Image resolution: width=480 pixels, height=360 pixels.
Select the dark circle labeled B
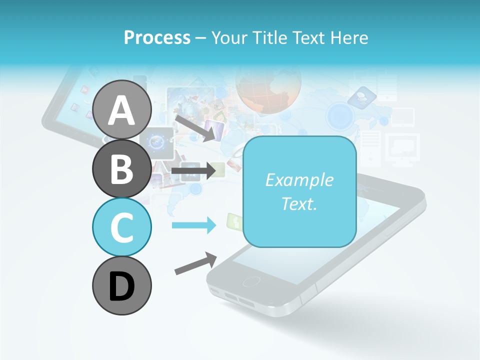coord(121,168)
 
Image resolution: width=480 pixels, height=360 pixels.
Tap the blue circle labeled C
coord(121,227)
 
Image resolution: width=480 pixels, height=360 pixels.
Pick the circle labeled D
coord(121,286)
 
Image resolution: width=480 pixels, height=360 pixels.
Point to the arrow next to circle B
coord(194,170)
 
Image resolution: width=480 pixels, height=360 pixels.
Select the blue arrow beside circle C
coord(194,225)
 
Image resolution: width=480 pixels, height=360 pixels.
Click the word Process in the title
coord(157,37)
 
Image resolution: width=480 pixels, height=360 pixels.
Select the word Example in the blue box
coord(299,180)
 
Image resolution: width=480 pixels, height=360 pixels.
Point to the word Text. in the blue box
coord(299,204)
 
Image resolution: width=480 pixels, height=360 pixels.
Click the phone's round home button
coord(251,281)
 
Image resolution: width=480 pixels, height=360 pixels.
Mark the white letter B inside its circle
coord(121,168)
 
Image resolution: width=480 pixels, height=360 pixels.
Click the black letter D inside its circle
coord(121,286)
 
